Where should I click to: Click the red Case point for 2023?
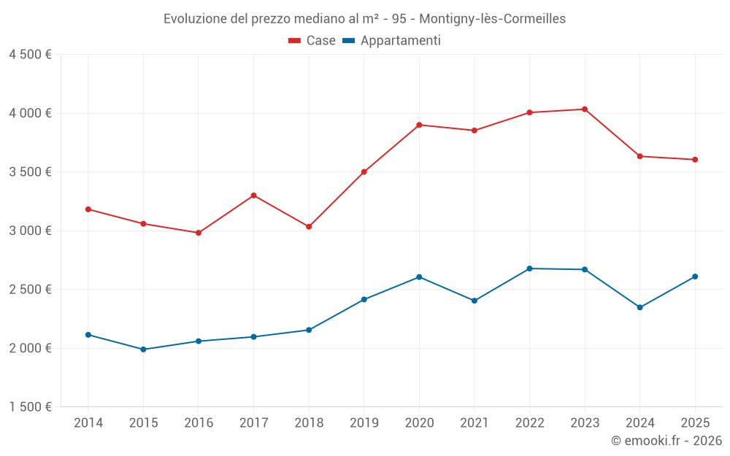[585, 109]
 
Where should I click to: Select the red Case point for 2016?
[199, 233]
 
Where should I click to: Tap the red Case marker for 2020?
[419, 125]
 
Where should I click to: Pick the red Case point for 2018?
[309, 227]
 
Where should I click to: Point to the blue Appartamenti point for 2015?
[143, 349]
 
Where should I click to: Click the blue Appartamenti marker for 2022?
[529, 268]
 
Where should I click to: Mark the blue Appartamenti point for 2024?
[639, 307]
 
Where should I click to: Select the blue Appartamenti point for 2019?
[364, 300]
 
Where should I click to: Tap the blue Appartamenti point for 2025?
[695, 277]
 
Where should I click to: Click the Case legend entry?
[312, 41]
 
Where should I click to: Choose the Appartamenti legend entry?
[392, 41]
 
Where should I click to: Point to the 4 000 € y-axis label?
[30, 113]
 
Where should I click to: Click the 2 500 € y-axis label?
[30, 290]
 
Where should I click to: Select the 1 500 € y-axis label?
[30, 407]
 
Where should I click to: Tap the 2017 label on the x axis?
[253, 423]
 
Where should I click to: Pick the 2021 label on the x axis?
[474, 423]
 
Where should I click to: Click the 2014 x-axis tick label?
[88, 423]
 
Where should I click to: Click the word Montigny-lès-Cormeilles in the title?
[493, 19]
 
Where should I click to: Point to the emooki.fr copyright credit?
[666, 441]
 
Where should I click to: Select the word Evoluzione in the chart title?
[195, 19]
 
